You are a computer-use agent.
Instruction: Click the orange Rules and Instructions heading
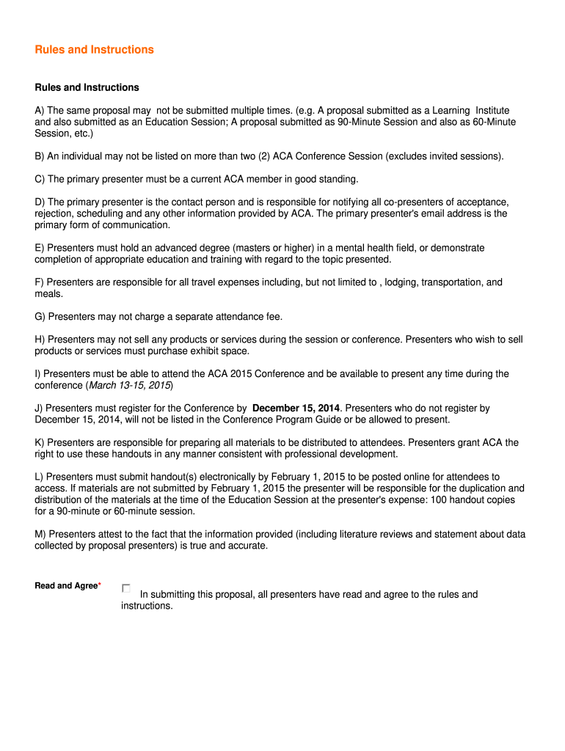coord(95,50)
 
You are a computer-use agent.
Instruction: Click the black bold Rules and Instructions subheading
coord(87,87)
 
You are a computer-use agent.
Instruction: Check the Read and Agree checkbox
coord(126,588)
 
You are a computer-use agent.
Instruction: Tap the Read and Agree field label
coord(66,585)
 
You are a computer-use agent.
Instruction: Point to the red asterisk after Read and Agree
coord(99,585)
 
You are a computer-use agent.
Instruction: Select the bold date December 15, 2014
coord(296,408)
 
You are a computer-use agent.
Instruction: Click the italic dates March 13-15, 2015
coord(129,385)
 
